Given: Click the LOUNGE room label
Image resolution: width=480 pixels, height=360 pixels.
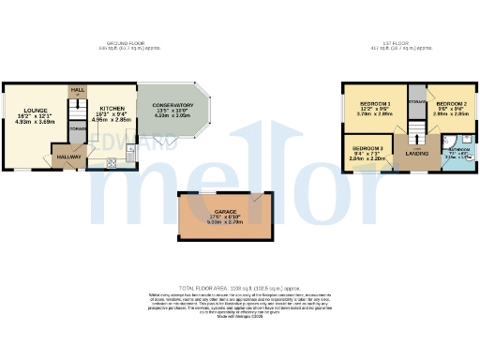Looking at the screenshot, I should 37,110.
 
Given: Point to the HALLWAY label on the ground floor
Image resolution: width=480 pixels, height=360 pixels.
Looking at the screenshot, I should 67,157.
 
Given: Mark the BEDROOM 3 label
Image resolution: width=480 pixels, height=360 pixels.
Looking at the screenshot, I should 367,148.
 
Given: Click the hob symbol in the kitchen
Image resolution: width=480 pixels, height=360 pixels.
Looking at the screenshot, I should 112,162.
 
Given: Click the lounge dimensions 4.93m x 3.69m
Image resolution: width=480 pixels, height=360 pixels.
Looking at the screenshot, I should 37,121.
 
